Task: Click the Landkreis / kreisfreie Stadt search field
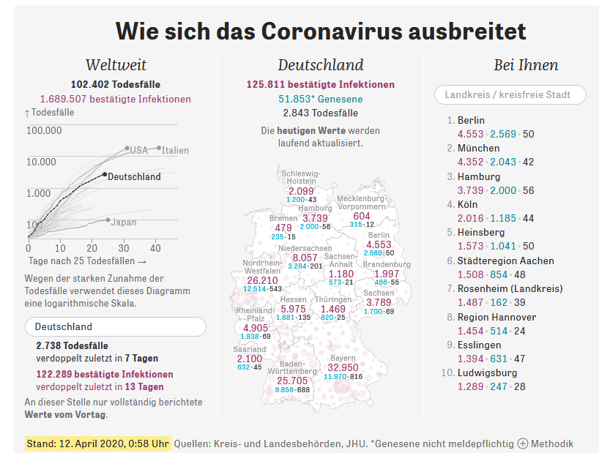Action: click(511, 94)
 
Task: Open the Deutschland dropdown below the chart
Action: click(115, 326)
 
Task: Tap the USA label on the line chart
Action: click(139, 151)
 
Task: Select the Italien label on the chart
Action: click(175, 150)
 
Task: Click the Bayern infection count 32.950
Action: click(343, 367)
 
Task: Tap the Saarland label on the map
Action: click(250, 349)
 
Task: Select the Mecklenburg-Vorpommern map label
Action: click(361, 203)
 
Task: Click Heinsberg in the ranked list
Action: click(481, 232)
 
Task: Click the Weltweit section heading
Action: click(116, 65)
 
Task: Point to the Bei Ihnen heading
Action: click(526, 65)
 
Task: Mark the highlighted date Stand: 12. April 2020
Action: click(98, 443)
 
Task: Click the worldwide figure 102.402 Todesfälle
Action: click(115, 84)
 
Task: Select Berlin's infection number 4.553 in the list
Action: click(470, 134)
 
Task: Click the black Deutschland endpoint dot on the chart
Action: click(105, 175)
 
